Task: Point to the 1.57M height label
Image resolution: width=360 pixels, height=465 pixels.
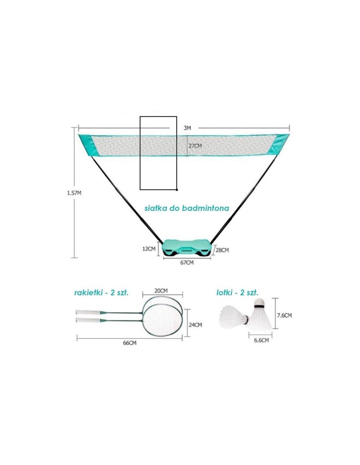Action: coord(74,193)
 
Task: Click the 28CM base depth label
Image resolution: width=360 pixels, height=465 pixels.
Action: coord(222,250)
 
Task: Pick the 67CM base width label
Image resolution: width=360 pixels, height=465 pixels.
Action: coord(187,263)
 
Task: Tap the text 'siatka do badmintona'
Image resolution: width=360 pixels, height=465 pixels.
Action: coord(187,208)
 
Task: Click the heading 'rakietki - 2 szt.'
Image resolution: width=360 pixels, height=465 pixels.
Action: coord(101,293)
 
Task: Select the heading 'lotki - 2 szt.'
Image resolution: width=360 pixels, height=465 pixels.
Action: coord(237,293)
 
